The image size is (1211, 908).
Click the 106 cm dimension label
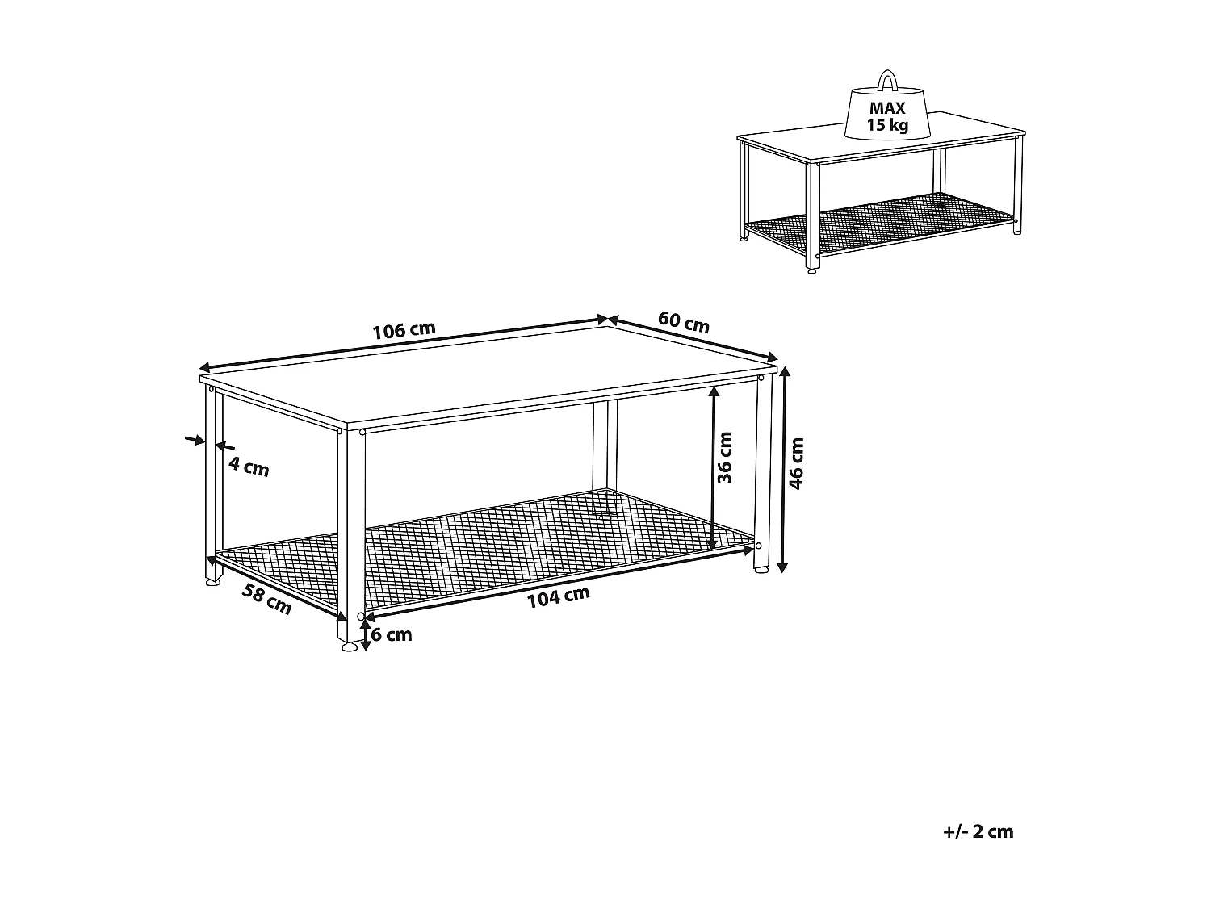click(404, 331)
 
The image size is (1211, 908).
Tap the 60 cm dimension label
click(684, 322)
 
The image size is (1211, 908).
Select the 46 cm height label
click(798, 464)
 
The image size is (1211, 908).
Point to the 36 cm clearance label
click(725, 458)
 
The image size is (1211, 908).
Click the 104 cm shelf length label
click(558, 596)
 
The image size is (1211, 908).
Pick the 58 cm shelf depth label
click(266, 599)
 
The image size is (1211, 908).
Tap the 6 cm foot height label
click(392, 635)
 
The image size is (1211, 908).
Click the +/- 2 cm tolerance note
click(978, 831)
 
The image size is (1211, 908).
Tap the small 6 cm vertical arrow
click(366, 633)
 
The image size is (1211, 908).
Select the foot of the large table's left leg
click(212, 581)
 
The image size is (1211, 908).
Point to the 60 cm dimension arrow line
click(692, 337)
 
